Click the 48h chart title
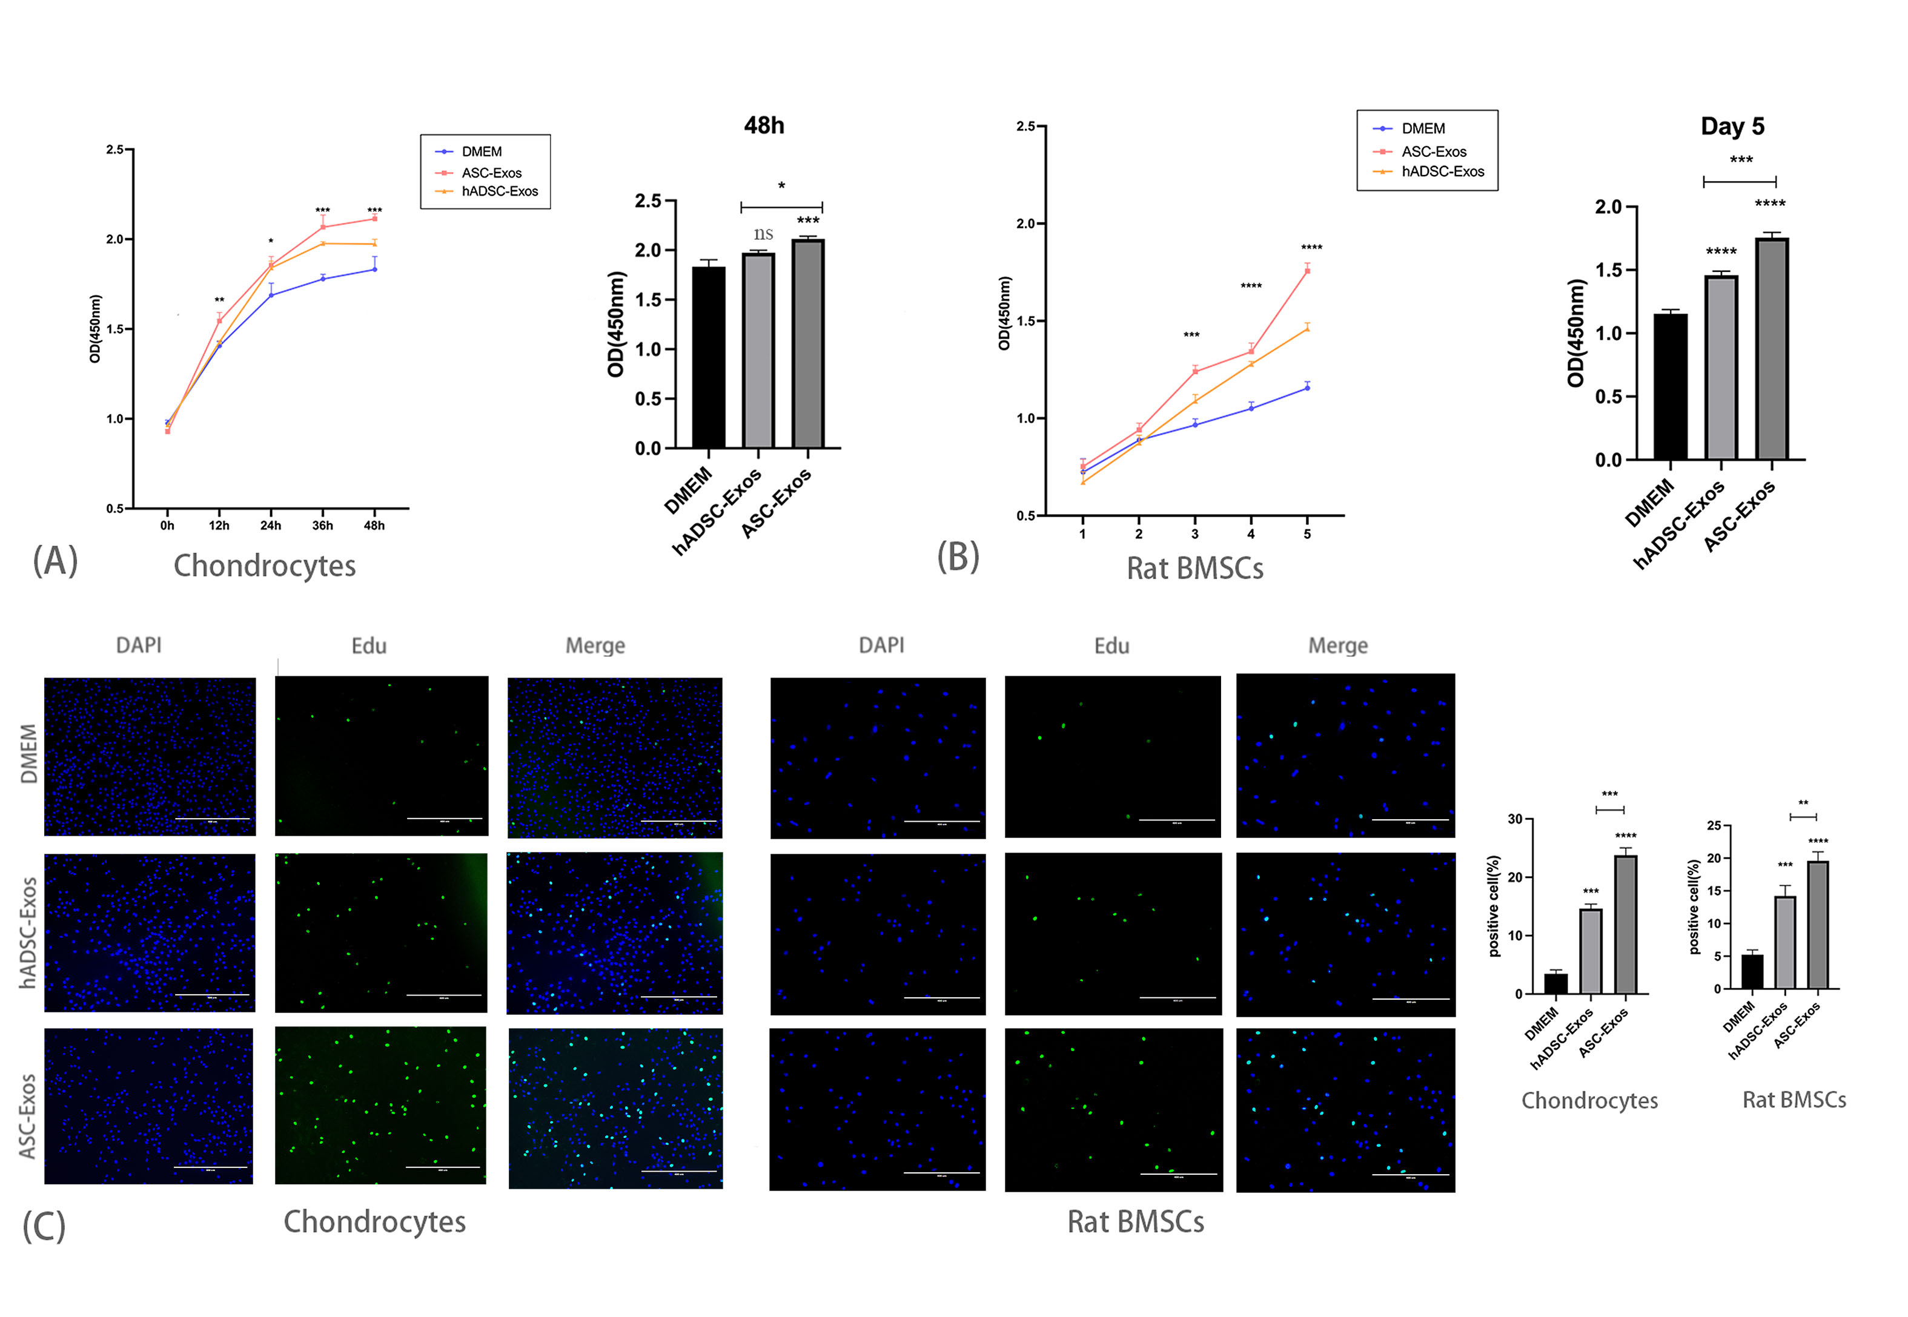pyautogui.click(x=763, y=125)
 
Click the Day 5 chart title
pyautogui.click(x=1732, y=127)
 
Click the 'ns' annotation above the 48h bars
pyautogui.click(x=763, y=234)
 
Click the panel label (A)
pyautogui.click(x=55, y=561)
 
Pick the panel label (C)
pyautogui.click(x=44, y=1226)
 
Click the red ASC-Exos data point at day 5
pyautogui.click(x=1307, y=271)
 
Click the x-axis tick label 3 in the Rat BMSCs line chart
pyautogui.click(x=1194, y=535)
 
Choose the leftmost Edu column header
pyautogui.click(x=369, y=645)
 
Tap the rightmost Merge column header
pyautogui.click(x=1338, y=645)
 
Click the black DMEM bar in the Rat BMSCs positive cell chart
pyautogui.click(x=1752, y=971)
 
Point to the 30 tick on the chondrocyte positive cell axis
pyautogui.click(x=1514, y=819)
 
